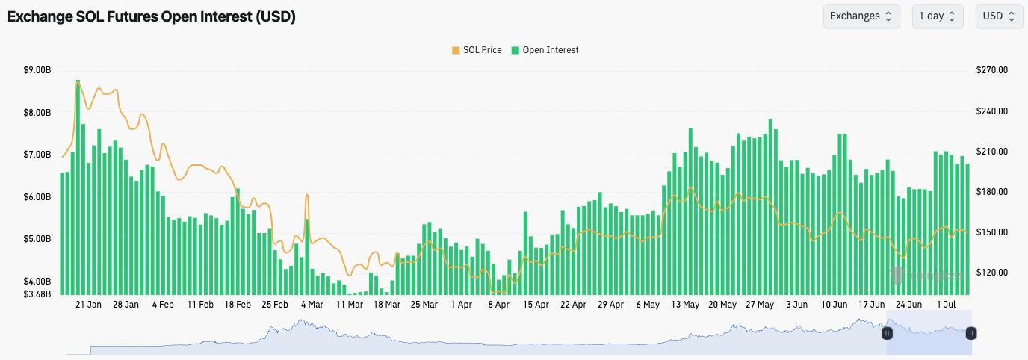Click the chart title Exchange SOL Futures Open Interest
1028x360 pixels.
[152, 16]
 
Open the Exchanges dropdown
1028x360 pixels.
[861, 16]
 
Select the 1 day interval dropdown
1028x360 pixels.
[937, 16]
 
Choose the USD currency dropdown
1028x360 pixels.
[999, 16]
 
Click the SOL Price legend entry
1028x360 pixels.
[477, 50]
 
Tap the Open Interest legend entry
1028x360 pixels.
[545, 50]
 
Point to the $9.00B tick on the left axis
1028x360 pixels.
[37, 70]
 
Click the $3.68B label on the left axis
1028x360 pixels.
[37, 294]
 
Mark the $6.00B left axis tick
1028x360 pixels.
[37, 197]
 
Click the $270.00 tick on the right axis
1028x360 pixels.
[992, 70]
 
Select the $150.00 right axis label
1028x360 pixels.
[992, 232]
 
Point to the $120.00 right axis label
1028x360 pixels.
[992, 273]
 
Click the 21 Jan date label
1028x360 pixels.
[89, 305]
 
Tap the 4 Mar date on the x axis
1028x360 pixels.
[312, 305]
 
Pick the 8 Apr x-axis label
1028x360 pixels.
[498, 305]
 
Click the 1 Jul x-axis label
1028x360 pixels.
[946, 305]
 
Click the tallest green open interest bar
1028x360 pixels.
[78, 187]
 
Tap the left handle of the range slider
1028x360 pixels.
[888, 333]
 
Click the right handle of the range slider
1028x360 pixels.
[971, 333]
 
